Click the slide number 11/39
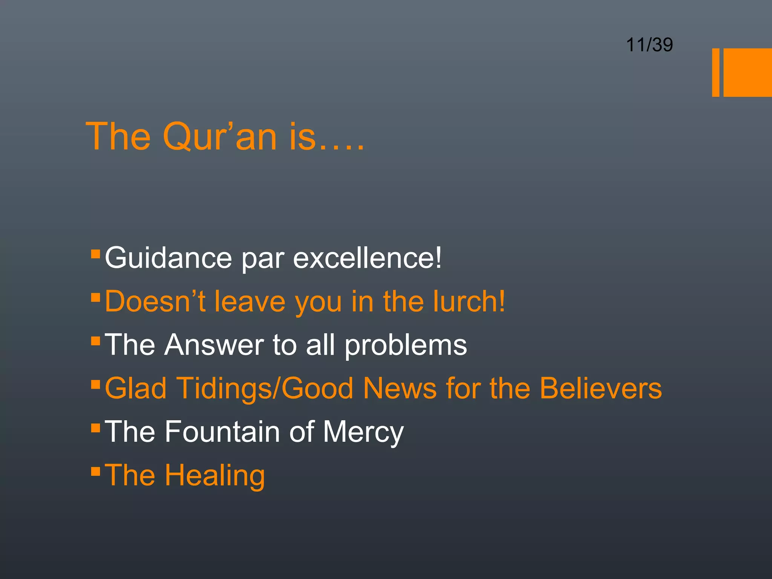649,45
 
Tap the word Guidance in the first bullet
168,258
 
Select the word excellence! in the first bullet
367,258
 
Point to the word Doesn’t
155,302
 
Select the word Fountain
222,432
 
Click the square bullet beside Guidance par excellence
95,253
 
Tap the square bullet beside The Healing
95,471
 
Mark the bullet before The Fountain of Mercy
95,427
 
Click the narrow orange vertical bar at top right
715,72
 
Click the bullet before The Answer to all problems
95,341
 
